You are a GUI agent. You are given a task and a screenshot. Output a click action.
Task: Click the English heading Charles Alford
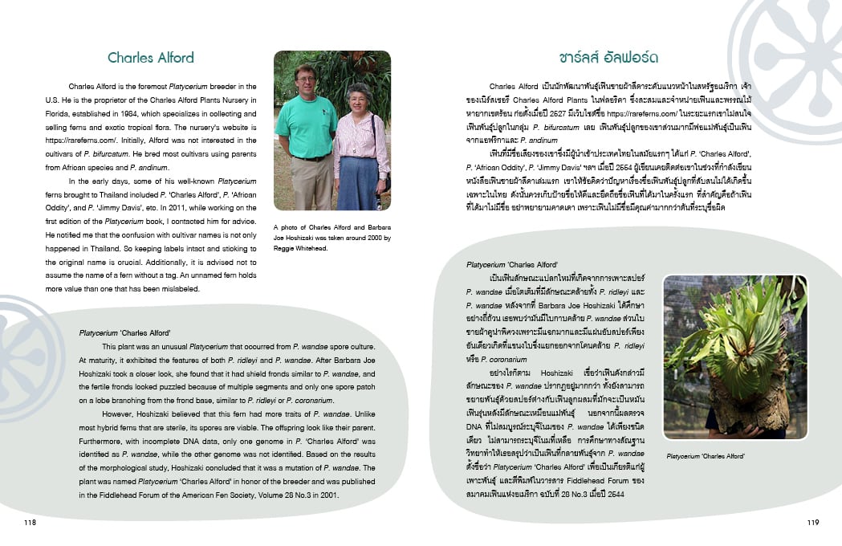coord(151,58)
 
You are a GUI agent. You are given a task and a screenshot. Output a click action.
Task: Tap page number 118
coord(31,522)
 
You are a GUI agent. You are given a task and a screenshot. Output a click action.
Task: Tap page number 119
coord(812,522)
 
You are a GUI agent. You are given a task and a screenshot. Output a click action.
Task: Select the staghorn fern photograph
coord(734,357)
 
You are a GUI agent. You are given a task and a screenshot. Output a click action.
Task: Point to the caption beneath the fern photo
coord(705,456)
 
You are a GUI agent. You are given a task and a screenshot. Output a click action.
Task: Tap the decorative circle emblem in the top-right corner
coord(791,48)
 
